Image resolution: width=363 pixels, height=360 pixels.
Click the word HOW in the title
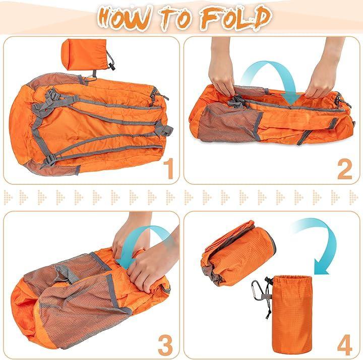tap(125, 19)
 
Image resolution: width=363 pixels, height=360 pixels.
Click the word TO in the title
tap(176, 18)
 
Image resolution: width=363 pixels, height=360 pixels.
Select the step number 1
tap(169, 168)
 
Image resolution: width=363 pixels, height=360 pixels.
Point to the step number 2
tap(345, 168)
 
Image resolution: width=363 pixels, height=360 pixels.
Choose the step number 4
tap(345, 346)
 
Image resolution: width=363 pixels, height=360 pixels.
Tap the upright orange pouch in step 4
tap(291, 313)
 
